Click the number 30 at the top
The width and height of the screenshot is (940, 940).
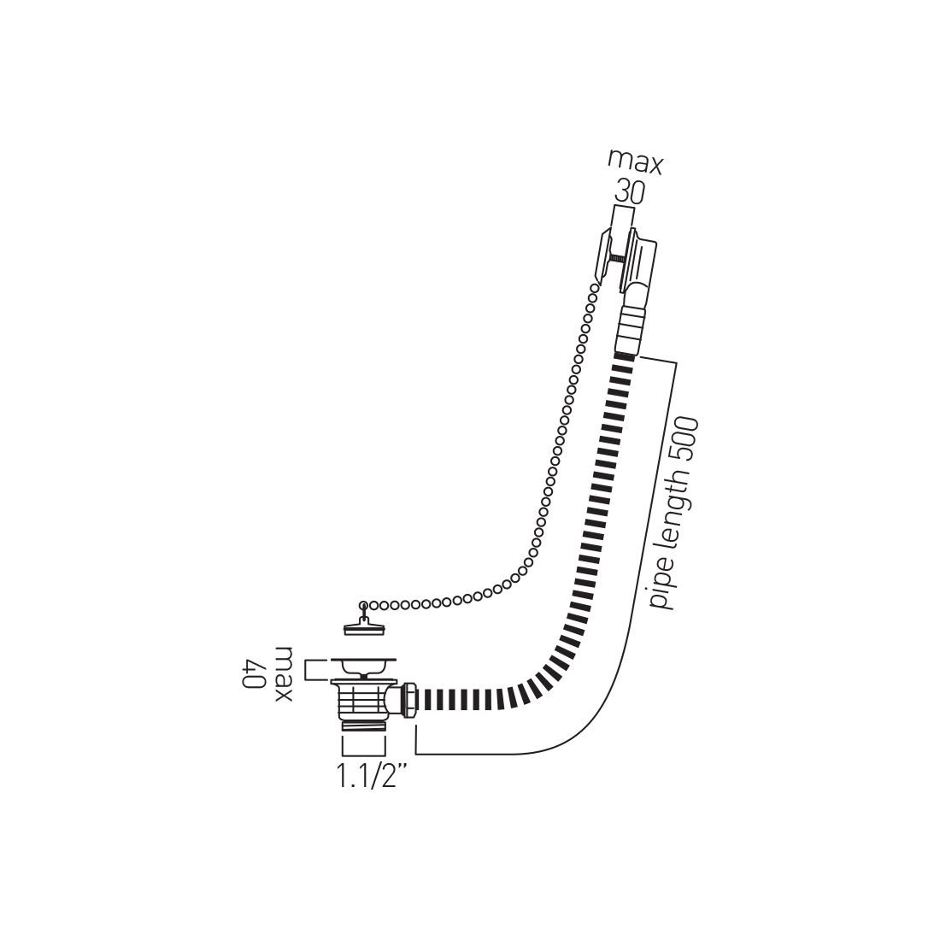tap(630, 193)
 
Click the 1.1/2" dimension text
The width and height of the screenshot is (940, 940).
tap(371, 777)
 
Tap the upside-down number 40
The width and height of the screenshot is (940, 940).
tap(256, 675)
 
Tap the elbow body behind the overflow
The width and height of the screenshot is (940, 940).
tap(643, 264)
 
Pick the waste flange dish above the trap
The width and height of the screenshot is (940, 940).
tap(363, 665)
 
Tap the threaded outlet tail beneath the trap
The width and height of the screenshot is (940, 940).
tap(363, 727)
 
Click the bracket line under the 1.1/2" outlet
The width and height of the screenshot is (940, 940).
tap(364, 746)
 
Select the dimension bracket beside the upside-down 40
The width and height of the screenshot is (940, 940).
tap(316, 670)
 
